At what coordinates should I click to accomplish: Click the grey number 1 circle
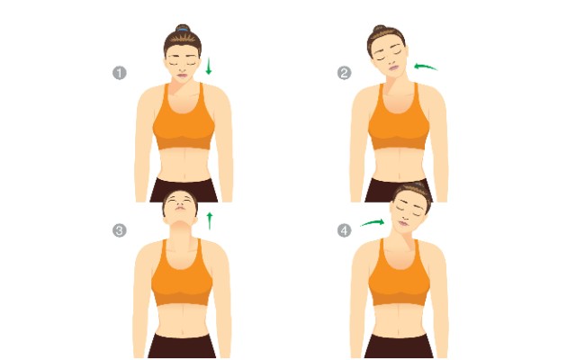(120, 73)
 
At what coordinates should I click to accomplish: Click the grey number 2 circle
(344, 73)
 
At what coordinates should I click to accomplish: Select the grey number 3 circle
(120, 230)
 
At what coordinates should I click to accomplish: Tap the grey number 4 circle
(344, 230)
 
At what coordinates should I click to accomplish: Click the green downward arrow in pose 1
(208, 66)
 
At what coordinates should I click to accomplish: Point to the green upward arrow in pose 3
(209, 220)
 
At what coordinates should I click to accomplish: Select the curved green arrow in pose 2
(426, 67)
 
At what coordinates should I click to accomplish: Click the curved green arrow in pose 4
(373, 222)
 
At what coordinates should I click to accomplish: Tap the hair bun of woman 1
(183, 28)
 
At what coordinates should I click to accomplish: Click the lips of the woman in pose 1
(182, 76)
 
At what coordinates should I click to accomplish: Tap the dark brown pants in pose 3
(182, 346)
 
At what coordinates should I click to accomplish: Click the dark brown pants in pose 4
(399, 346)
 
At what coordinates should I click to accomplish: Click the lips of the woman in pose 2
(394, 67)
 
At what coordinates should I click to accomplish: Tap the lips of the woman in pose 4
(403, 224)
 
